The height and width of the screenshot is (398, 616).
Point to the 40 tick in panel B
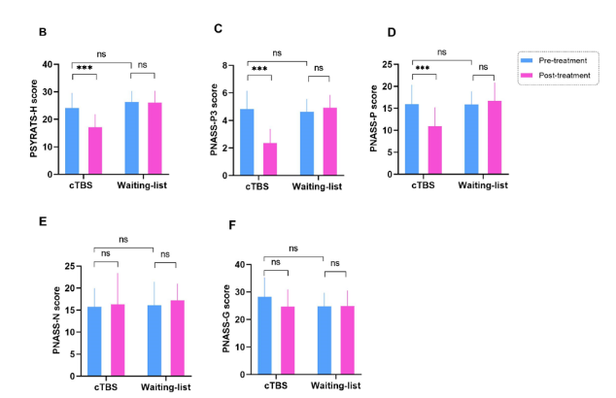50,64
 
